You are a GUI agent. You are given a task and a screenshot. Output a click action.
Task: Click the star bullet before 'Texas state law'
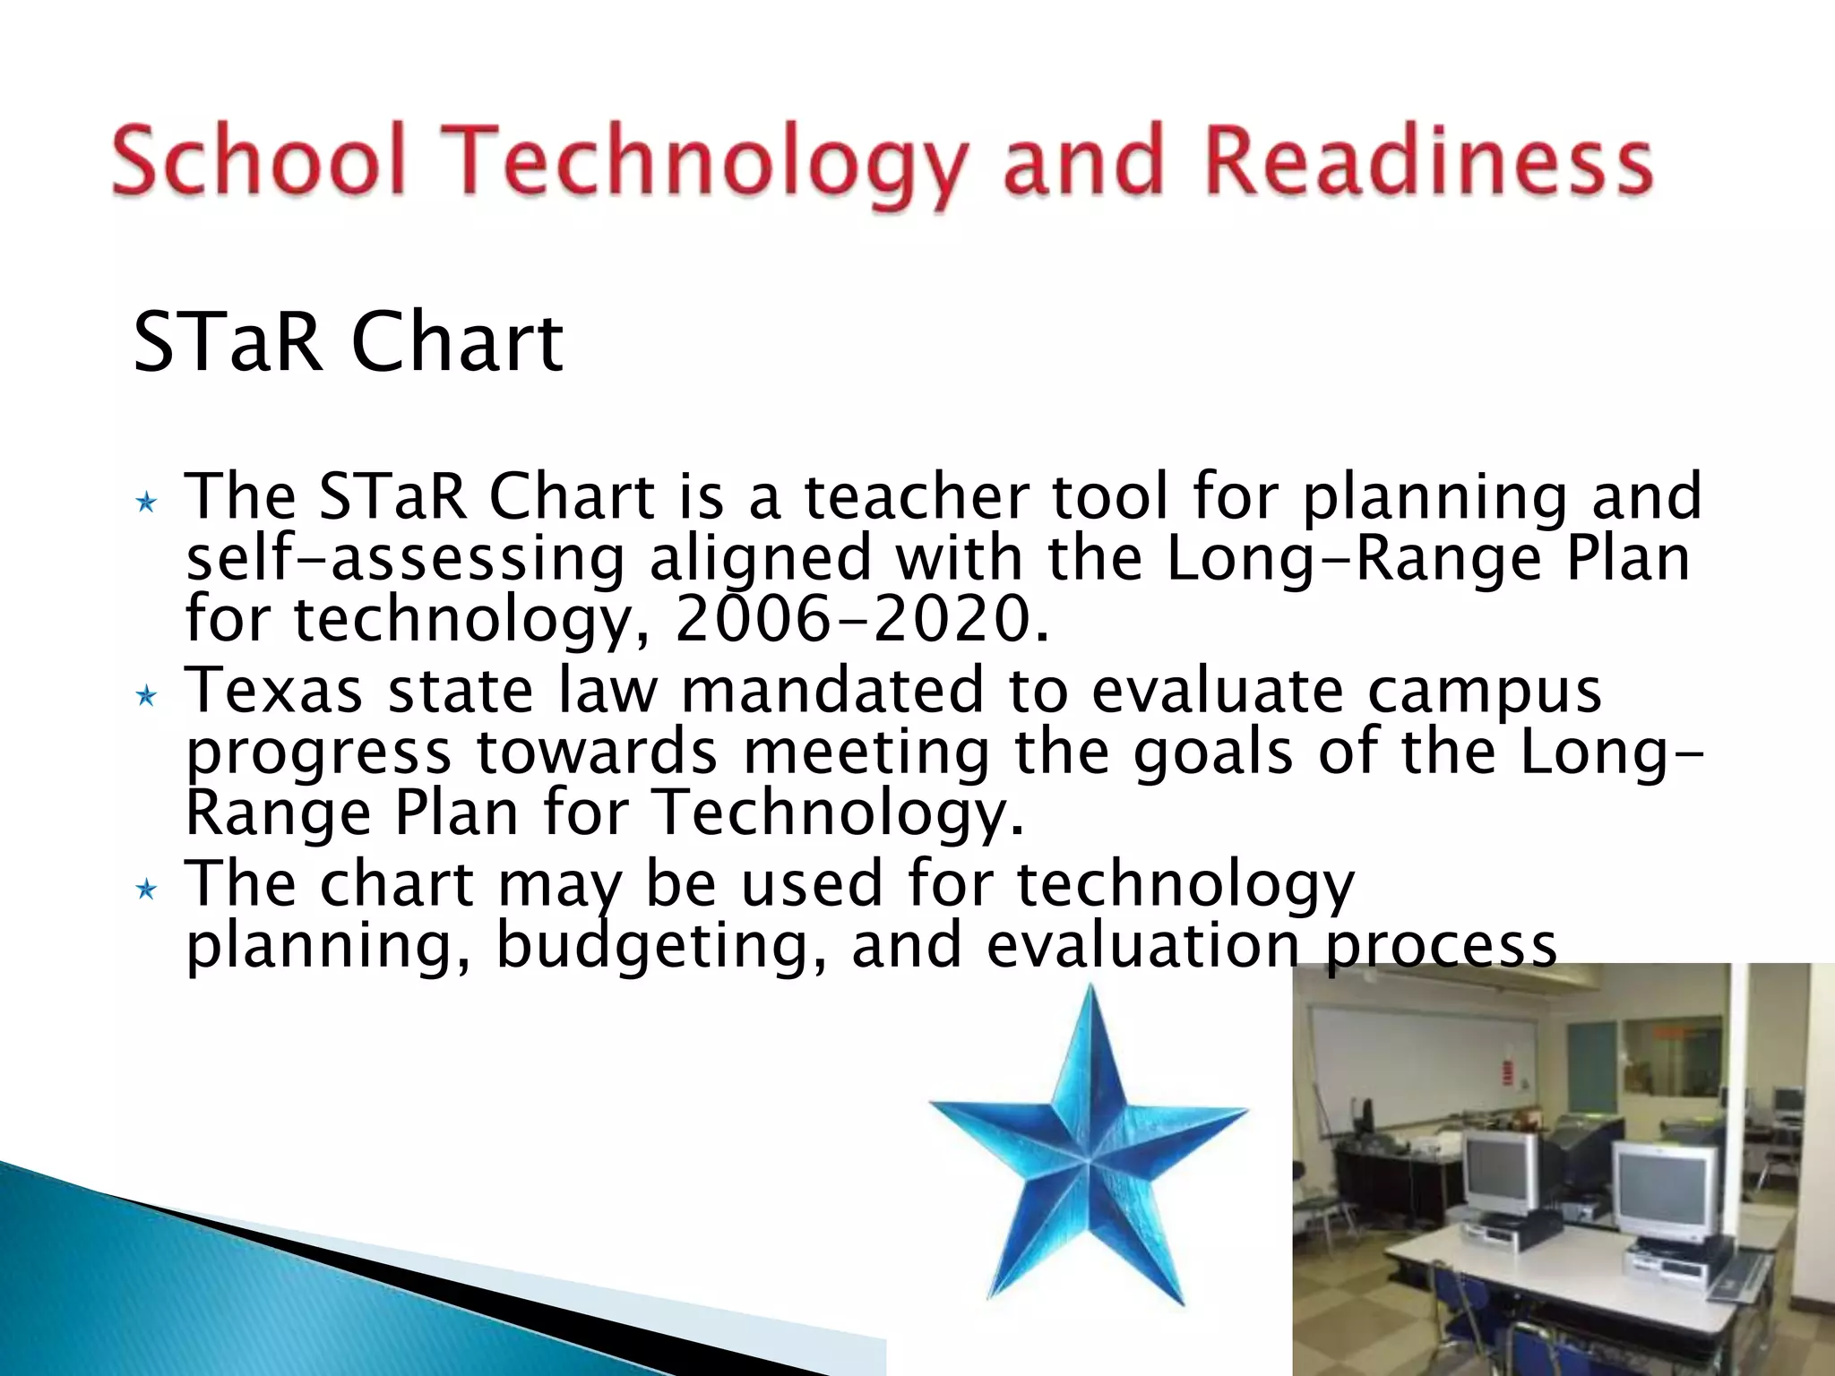coord(146,696)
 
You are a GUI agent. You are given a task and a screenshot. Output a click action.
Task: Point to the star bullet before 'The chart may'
coord(146,890)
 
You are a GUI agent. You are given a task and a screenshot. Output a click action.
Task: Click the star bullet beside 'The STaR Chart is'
coord(146,503)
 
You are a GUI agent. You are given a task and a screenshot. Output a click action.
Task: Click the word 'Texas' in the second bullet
coord(273,692)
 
